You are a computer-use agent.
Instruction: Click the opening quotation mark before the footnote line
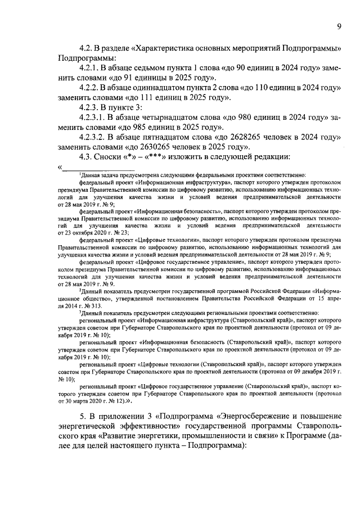(x=59, y=166)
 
